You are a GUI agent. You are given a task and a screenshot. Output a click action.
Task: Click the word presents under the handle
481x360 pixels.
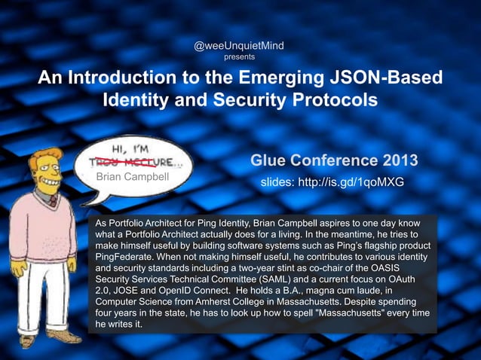click(239, 56)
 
